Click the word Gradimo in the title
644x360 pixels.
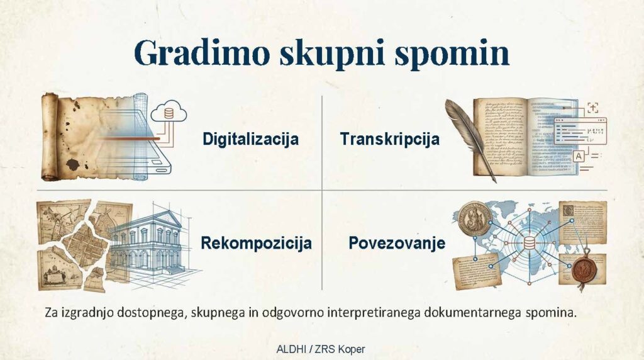(x=202, y=53)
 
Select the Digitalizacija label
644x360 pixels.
(x=250, y=139)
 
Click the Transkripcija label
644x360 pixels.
(x=390, y=139)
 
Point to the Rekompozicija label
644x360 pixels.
(x=257, y=243)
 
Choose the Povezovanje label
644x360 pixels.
(x=397, y=243)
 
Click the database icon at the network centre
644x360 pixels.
(x=529, y=244)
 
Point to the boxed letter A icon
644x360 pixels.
(x=579, y=156)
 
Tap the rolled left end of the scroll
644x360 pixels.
(x=50, y=137)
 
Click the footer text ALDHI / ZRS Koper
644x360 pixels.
(x=321, y=349)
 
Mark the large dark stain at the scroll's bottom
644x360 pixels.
(x=74, y=165)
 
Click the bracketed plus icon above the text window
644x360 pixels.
(x=592, y=107)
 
